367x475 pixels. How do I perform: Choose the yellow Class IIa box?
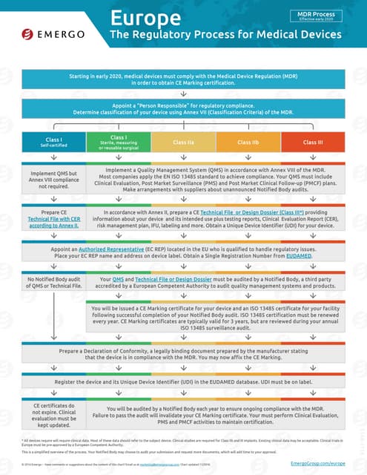pos(184,141)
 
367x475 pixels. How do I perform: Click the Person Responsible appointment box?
pos(182,108)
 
